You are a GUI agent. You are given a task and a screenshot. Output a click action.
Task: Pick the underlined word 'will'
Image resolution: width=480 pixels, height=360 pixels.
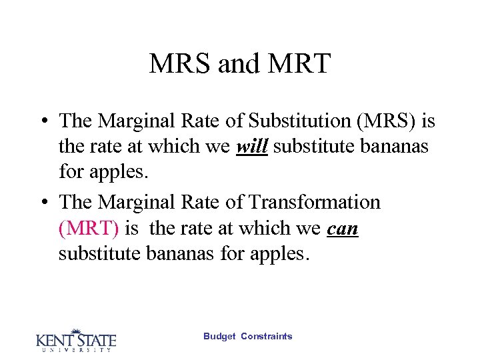click(252, 147)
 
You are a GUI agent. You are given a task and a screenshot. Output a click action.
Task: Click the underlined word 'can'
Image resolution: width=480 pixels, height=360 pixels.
click(343, 229)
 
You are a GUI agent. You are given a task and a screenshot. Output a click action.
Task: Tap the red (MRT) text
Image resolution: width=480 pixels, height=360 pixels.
click(89, 229)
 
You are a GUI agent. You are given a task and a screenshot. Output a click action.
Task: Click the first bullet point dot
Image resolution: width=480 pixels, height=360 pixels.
click(43, 122)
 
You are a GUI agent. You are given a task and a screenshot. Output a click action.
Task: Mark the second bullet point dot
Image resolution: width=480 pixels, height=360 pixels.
click(43, 203)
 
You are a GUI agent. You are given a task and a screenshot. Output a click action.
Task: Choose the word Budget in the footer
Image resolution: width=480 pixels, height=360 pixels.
click(219, 337)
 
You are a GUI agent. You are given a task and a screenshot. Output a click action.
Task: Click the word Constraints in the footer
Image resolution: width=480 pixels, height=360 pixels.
click(266, 337)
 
